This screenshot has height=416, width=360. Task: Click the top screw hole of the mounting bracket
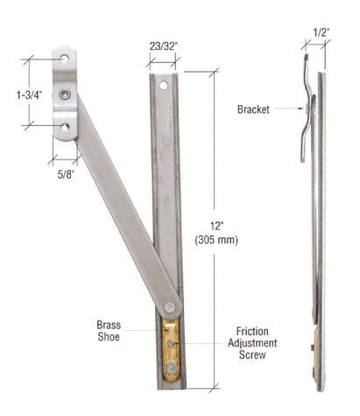(64, 60)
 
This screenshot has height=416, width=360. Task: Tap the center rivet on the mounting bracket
(64, 91)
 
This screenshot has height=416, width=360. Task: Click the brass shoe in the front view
(172, 349)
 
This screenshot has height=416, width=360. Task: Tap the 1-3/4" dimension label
(23, 92)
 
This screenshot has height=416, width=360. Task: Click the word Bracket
(253, 110)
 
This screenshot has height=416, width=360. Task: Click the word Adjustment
(252, 344)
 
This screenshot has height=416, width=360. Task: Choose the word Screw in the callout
(252, 357)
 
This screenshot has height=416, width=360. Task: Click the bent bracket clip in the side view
(308, 114)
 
